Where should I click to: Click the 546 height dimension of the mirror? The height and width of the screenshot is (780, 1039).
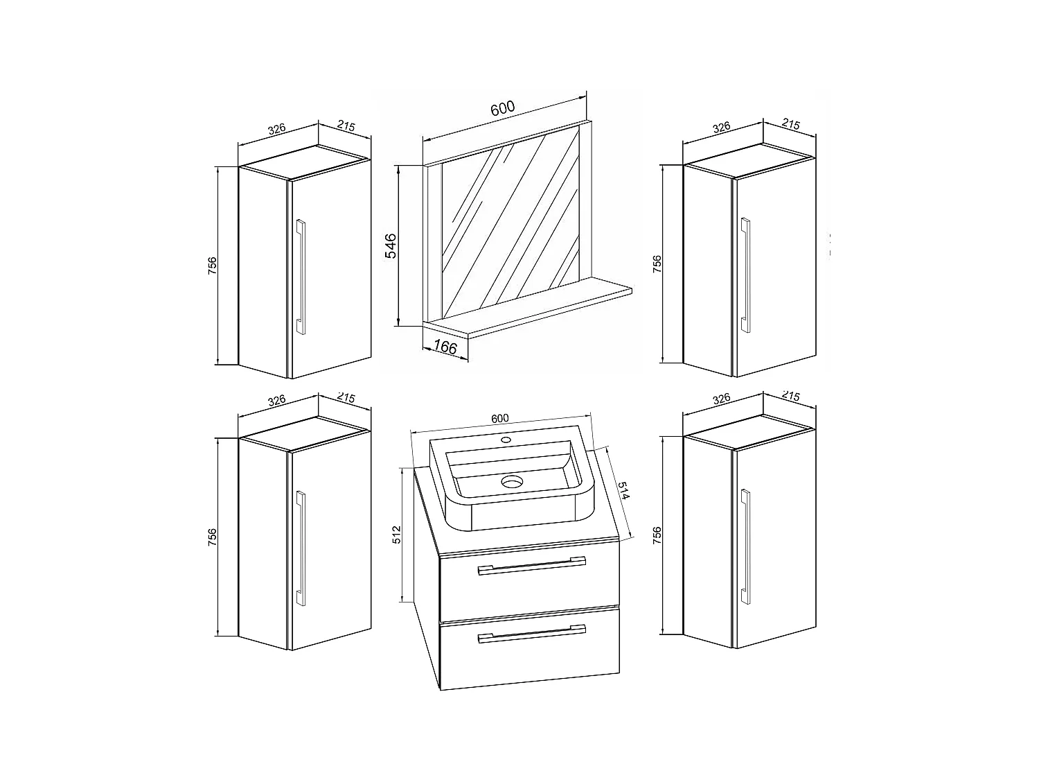pos(391,246)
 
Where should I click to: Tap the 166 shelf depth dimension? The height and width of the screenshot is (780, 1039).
pos(445,347)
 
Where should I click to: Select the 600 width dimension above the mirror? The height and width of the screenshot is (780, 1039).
pos(502,108)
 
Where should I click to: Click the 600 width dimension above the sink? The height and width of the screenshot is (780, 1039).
pos(500,418)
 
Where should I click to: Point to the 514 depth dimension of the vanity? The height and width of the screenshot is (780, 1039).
pos(623,490)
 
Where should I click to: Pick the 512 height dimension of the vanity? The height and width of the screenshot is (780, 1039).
pos(397,534)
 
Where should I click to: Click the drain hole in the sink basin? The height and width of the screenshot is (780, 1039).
pos(512,482)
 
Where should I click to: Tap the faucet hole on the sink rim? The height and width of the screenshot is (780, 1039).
pos(506,440)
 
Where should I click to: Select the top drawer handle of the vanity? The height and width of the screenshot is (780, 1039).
pos(531,566)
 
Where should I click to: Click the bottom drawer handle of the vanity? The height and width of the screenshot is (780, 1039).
pos(531,634)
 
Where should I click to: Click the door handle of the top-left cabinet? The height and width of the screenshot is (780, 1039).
pos(301,277)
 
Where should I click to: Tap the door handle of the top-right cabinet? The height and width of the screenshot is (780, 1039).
pos(745,275)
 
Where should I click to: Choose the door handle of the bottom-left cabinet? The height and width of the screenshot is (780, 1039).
pos(301,548)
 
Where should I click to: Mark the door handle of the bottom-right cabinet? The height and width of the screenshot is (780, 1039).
pos(745,546)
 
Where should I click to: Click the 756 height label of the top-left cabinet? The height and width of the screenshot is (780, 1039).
pos(212,266)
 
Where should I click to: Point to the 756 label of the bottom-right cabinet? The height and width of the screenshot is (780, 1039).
pos(657,535)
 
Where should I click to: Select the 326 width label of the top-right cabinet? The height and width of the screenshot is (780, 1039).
pos(721,128)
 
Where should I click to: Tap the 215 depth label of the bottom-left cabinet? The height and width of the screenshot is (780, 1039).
pos(346,398)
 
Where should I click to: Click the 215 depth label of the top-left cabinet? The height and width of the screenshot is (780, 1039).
pos(346,126)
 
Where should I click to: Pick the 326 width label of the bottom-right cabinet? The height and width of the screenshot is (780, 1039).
pos(721,399)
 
